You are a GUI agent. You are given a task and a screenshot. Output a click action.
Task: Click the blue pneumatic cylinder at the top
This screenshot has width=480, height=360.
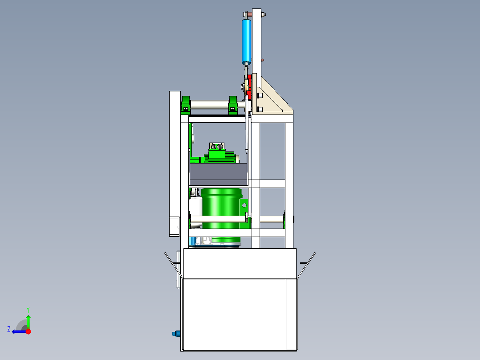pyautogui.click(x=246, y=41)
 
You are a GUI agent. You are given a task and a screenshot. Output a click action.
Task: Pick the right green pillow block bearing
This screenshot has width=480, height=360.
pyautogui.click(x=233, y=105)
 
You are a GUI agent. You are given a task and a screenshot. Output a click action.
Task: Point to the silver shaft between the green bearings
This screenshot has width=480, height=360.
pyautogui.click(x=209, y=106)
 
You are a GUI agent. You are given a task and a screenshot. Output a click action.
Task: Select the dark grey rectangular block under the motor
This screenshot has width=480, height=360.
pyautogui.click(x=218, y=174)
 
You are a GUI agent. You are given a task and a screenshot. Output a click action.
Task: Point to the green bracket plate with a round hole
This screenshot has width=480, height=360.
pyautogui.click(x=244, y=206)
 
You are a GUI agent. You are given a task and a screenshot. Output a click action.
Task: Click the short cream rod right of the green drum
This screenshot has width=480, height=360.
pyautogui.click(x=271, y=219)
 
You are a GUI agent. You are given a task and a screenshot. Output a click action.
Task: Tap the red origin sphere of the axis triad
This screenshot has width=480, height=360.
pyautogui.click(x=28, y=331)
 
